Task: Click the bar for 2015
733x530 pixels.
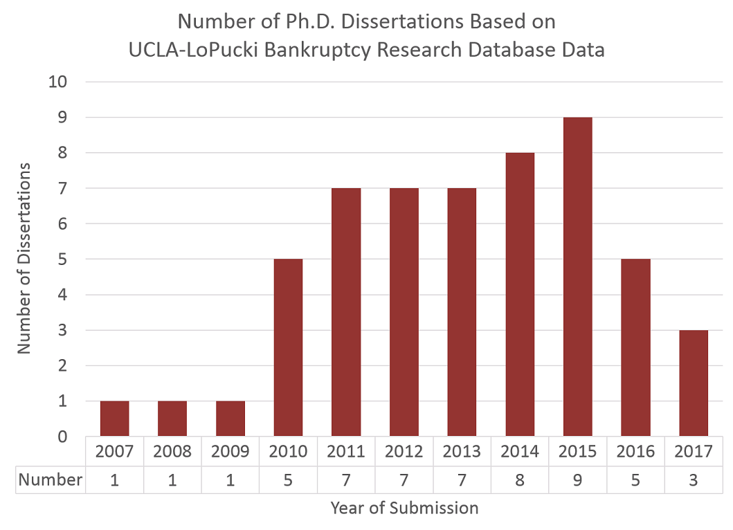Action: coord(578,277)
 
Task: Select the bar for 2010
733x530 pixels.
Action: coord(288,347)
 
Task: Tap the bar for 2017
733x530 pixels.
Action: coord(694,383)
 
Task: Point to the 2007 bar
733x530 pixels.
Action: coord(114,419)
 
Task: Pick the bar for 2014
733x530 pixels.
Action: coord(520,294)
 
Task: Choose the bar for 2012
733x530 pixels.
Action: coord(404,312)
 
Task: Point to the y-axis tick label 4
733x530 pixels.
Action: coord(62,295)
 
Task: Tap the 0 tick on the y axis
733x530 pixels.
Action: coord(62,437)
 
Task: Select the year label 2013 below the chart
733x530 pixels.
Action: coord(462,452)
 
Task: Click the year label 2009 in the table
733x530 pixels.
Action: coord(230,452)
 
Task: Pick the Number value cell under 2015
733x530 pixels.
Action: coord(578,479)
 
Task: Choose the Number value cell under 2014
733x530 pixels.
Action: coord(520,479)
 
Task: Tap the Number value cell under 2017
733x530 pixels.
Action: coord(694,479)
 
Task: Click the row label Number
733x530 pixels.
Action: coord(51,479)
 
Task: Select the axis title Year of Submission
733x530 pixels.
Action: coord(404,509)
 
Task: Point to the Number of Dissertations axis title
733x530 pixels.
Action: coord(25,259)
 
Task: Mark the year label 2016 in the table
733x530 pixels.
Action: coord(635,452)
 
